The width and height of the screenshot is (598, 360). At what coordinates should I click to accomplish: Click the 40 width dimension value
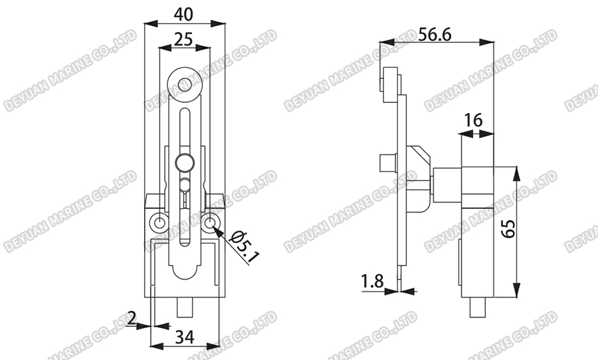click(184, 13)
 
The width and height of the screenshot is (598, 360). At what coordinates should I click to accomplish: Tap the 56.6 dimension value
click(435, 35)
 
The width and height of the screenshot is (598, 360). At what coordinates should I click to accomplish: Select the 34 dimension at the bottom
click(183, 336)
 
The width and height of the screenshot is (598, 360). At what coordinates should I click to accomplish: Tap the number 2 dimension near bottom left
click(132, 318)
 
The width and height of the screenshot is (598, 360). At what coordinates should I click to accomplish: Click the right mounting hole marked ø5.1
click(210, 222)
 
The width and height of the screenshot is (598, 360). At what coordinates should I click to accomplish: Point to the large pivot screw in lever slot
click(185, 161)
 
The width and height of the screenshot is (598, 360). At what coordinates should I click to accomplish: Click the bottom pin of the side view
click(476, 308)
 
